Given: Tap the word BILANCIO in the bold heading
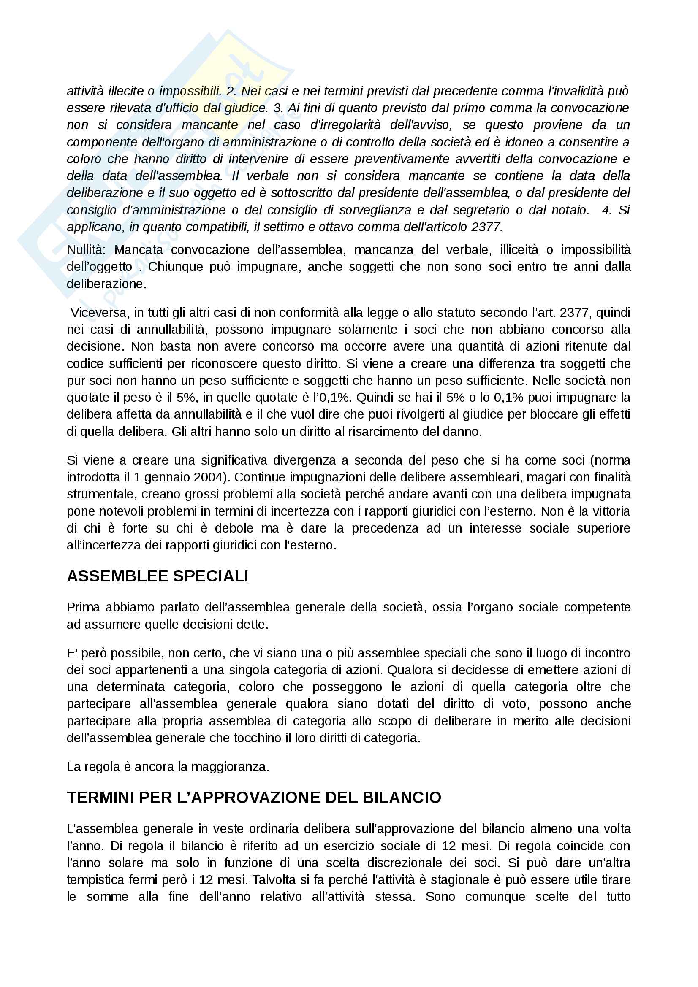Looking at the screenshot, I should (402, 798).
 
